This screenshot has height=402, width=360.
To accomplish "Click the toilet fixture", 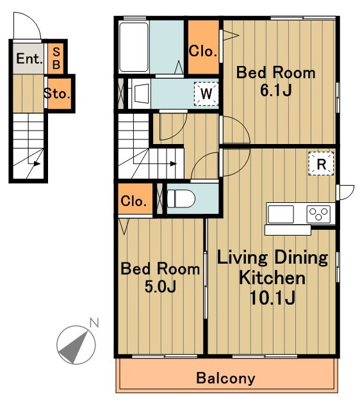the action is click(x=181, y=198).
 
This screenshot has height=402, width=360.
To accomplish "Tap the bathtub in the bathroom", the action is click(x=134, y=47).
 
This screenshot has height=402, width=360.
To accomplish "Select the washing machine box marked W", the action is click(x=206, y=93).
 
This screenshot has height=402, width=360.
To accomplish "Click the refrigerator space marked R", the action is click(x=322, y=164).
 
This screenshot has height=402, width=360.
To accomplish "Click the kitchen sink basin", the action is click(x=281, y=214).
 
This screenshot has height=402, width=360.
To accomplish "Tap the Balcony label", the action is click(x=226, y=378).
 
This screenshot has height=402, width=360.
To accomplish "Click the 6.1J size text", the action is click(x=276, y=90).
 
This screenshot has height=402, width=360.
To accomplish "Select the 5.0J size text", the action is click(x=160, y=287).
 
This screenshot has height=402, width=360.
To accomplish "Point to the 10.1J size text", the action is click(x=272, y=298).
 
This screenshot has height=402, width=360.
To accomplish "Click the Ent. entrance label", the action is click(x=29, y=59).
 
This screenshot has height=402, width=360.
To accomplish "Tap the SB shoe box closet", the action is click(x=56, y=58).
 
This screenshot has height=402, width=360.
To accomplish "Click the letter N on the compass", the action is click(x=94, y=323).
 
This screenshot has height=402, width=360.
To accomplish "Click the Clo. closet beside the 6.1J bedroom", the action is click(x=204, y=47).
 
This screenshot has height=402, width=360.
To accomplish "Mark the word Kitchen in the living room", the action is click(x=272, y=278).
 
